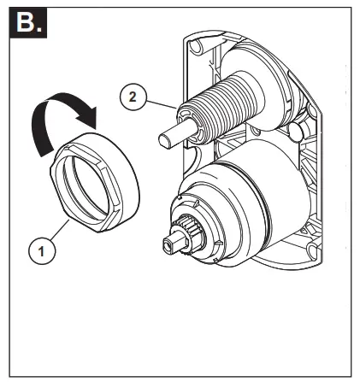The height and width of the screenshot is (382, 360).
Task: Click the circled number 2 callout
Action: click(x=131, y=97)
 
